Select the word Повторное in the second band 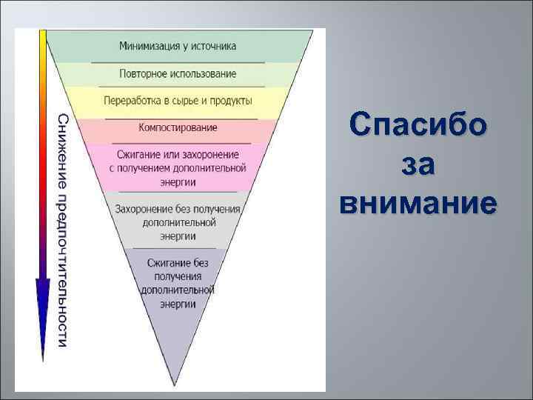tap(141, 74)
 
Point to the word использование tap(201, 74)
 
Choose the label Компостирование tap(178, 127)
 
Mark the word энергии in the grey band tap(177, 236)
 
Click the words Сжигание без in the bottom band tap(178, 263)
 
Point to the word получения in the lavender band tap(178, 276)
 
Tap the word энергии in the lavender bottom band tap(178, 304)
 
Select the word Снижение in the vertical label tap(64, 144)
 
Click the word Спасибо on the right tap(419, 124)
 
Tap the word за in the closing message tap(419, 164)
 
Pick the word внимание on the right tap(419, 203)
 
